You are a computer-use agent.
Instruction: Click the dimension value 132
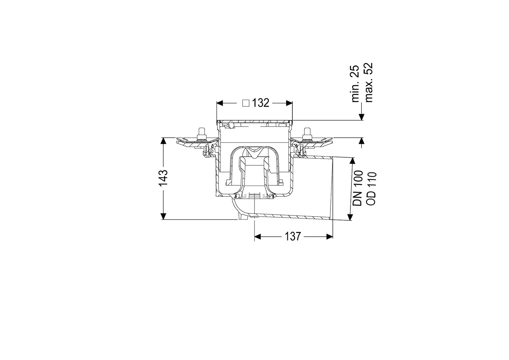point(260,103)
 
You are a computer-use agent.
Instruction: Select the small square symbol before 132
point(246,103)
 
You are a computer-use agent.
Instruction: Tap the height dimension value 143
point(163,178)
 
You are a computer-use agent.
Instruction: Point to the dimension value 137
point(293,237)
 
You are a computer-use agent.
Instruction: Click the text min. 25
point(355,83)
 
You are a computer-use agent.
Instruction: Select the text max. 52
point(368,82)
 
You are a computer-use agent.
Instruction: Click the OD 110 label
point(371,189)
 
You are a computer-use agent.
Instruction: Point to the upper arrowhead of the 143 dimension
point(163,141)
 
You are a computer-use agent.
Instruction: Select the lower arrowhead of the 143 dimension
point(163,216)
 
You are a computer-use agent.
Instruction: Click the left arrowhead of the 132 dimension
point(220,103)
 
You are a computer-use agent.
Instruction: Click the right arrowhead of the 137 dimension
point(329,237)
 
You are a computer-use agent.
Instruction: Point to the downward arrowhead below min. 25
point(361,116)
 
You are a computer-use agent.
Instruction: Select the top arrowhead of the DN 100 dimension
point(352,161)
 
